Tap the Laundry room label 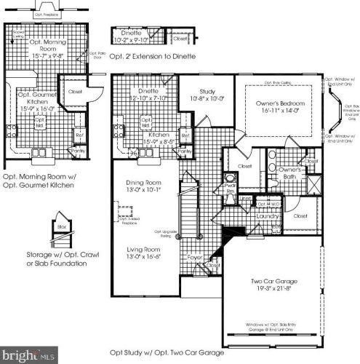[x=268, y=216]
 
